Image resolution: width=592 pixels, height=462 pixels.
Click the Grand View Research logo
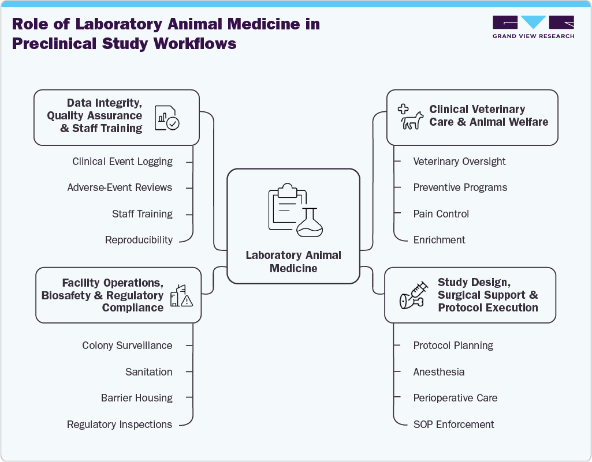coord(533,27)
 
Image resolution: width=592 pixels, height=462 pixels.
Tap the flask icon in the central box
coord(310,223)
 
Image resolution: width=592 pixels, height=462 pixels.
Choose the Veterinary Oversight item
coord(459,161)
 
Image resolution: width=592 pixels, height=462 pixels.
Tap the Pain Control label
coord(441,214)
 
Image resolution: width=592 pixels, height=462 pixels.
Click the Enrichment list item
coord(439,240)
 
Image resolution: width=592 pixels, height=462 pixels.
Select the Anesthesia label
coord(438,372)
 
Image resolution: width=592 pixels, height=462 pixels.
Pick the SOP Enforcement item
coord(453,425)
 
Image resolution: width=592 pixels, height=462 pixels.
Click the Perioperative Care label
coord(455,398)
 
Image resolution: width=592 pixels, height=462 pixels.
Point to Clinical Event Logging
coord(122,161)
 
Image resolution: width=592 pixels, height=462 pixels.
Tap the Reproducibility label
coord(139,240)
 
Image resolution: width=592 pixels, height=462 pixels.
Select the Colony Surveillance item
coord(127,345)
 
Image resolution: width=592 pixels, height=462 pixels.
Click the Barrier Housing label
coord(136,398)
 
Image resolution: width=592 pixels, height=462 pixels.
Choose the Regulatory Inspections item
coord(120,425)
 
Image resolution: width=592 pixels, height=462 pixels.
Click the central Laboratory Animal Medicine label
coord(293,261)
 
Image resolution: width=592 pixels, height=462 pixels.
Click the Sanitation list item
coord(148,372)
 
